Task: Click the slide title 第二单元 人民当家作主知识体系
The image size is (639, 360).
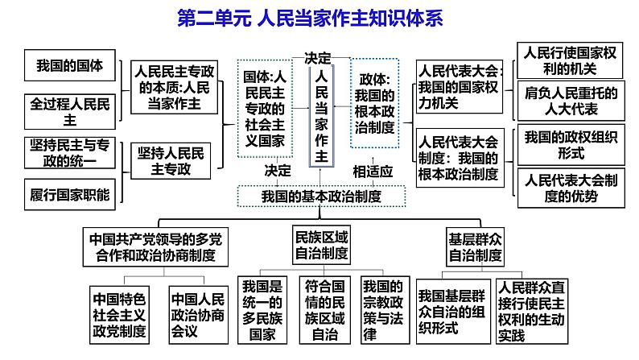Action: click(320, 18)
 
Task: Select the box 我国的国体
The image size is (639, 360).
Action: click(70, 67)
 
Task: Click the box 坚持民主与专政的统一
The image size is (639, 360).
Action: click(70, 152)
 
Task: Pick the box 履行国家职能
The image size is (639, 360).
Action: click(70, 193)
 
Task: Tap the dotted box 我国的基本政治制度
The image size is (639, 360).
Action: click(321, 196)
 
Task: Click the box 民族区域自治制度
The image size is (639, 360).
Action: click(321, 244)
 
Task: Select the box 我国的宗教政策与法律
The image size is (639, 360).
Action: click(382, 309)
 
